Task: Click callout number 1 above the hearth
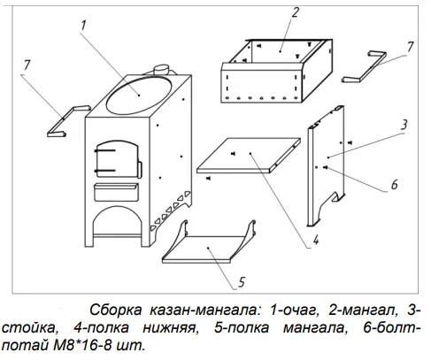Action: tap(83, 26)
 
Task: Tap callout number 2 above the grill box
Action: tap(295, 11)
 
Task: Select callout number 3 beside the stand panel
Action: tap(404, 125)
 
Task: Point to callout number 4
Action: tap(316, 240)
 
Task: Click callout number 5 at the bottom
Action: tap(242, 282)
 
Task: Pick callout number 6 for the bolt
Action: tap(395, 185)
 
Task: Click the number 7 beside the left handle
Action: tap(27, 65)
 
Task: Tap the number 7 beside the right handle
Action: tap(411, 47)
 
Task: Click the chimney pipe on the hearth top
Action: tap(161, 70)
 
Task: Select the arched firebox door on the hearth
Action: tap(117, 159)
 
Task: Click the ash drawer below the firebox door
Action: tap(116, 192)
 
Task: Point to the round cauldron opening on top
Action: tap(139, 95)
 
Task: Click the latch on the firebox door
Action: tap(140, 170)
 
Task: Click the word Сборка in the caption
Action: tap(116, 310)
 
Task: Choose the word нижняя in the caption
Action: tap(170, 328)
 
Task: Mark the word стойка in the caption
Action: tap(28, 328)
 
